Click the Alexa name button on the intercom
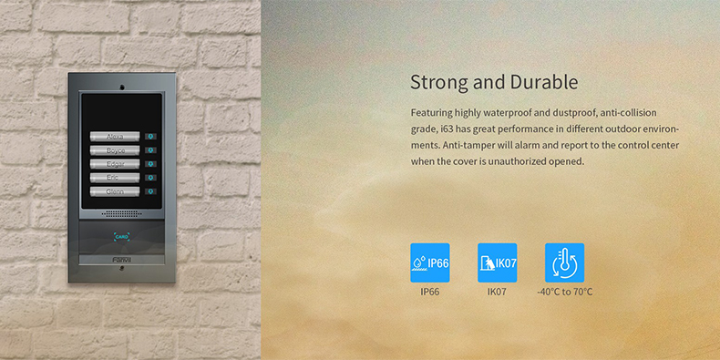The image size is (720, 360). click(x=116, y=136)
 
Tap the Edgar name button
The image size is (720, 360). click(x=116, y=164)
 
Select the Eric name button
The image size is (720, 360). click(x=116, y=178)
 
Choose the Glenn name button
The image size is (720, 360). click(x=116, y=192)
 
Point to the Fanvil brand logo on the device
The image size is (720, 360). click(x=121, y=260)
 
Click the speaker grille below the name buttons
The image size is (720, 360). click(x=120, y=213)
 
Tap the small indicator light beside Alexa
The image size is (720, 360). click(x=150, y=136)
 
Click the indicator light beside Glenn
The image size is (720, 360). click(x=150, y=192)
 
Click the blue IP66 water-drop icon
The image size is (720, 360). click(x=429, y=262)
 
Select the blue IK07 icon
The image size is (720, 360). click(x=497, y=262)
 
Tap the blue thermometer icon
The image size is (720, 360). click(x=564, y=262)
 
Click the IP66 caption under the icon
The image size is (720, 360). click(x=429, y=293)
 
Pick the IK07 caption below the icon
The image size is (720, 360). click(x=497, y=293)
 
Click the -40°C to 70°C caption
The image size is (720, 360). click(x=564, y=293)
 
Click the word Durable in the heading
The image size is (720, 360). click(x=542, y=82)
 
